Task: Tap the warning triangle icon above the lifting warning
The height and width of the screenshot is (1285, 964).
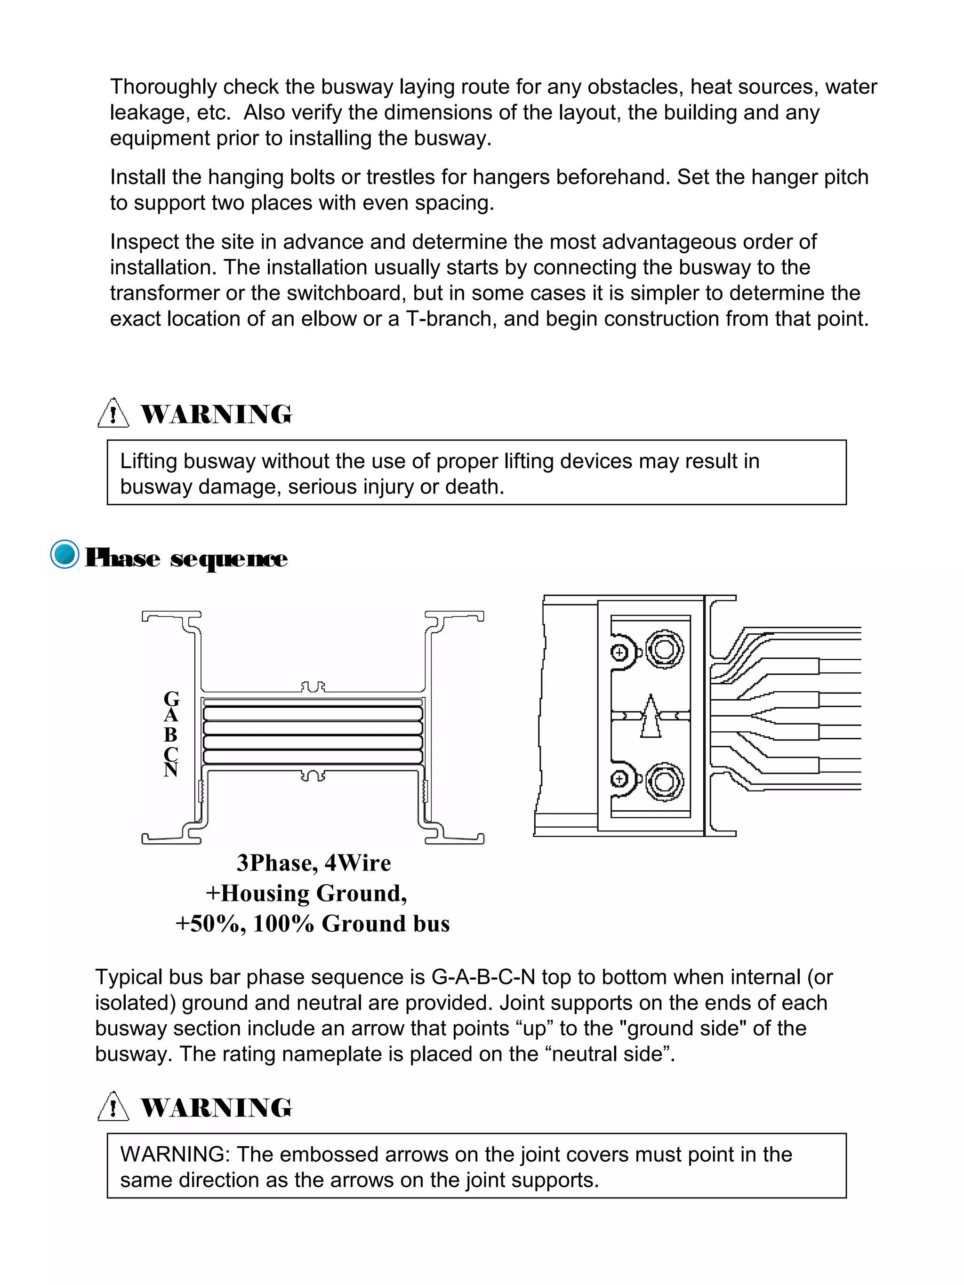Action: point(112,413)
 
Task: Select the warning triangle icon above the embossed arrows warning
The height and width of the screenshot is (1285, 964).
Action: point(112,1106)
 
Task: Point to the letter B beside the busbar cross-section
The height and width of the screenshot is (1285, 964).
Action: point(170,734)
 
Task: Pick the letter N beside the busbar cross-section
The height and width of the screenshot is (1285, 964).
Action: point(170,770)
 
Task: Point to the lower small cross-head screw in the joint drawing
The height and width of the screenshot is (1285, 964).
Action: point(619,778)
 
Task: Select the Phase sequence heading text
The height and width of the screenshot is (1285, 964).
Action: point(186,558)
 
